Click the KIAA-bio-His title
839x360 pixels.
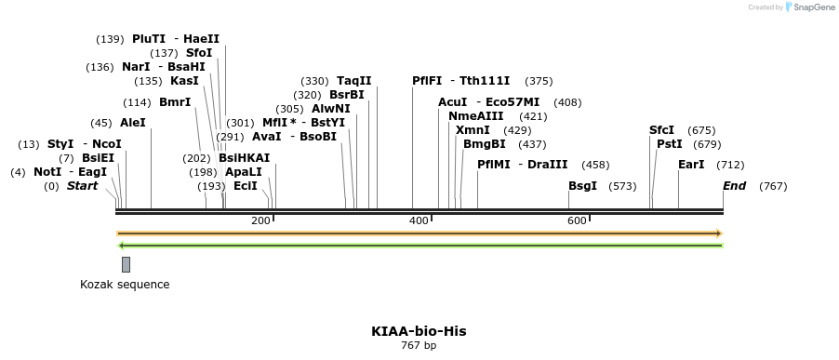(419, 331)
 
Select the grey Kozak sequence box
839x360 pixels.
(126, 264)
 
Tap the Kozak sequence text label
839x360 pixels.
(125, 285)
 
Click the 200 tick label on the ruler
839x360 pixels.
(260, 220)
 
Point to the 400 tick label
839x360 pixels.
(419, 220)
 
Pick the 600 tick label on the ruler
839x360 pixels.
(577, 220)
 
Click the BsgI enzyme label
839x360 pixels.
(582, 186)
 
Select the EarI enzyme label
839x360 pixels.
(691, 165)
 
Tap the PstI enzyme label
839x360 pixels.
(669, 144)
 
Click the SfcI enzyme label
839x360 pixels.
(661, 130)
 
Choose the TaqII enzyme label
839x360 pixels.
(353, 81)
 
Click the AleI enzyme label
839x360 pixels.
(132, 123)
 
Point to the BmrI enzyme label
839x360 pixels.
(175, 102)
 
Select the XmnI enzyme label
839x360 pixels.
(473, 130)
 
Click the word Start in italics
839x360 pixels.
(82, 186)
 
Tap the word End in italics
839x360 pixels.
(735, 186)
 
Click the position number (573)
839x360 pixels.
(622, 186)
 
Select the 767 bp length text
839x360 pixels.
(419, 346)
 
